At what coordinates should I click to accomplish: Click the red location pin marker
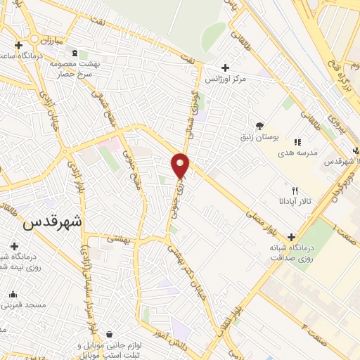pos(181,165)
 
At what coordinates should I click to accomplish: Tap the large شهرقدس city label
pos(53,222)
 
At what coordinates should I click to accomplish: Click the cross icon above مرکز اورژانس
pos(225,67)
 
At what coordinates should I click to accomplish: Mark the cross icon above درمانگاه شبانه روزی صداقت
pos(290,237)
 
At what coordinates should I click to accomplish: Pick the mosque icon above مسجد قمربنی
pos(13,294)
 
